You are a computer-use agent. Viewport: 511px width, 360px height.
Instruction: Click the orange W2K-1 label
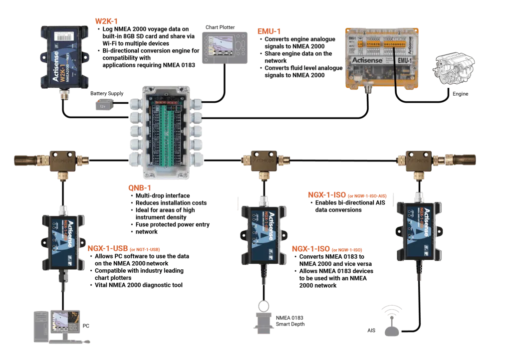click(x=106, y=21)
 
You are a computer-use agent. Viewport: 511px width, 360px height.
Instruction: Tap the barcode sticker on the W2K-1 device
click(x=63, y=37)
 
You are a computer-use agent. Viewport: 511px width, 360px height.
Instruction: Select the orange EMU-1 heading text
click(x=269, y=31)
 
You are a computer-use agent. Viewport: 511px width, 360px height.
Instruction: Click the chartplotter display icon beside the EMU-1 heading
click(x=224, y=48)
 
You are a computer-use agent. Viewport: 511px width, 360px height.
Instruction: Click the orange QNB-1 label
click(x=140, y=188)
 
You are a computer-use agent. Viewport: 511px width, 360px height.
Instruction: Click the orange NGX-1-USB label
click(x=108, y=248)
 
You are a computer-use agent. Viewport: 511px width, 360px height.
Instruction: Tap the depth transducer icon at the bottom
click(x=263, y=319)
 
